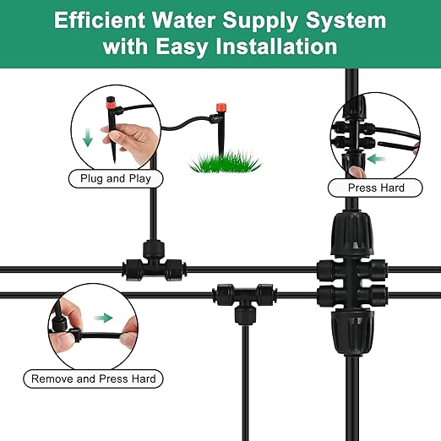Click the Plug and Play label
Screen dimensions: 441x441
click(116, 179)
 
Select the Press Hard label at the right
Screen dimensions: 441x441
click(376, 188)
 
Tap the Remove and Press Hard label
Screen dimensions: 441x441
click(93, 378)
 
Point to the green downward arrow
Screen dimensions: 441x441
click(88, 138)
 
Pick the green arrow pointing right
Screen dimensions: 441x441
click(103, 318)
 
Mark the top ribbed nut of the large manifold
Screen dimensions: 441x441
click(348, 239)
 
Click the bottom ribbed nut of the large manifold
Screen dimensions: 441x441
click(348, 327)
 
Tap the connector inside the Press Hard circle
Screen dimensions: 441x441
click(358, 139)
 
